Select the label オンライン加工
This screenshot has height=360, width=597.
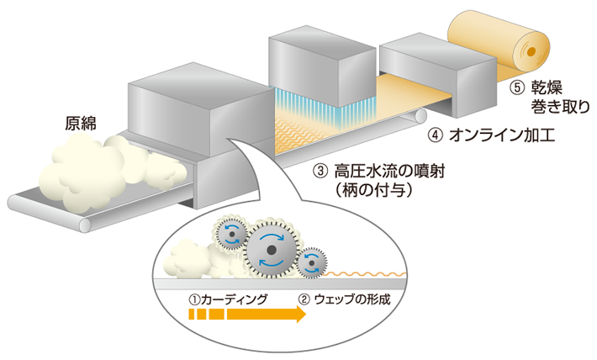click(x=493, y=135)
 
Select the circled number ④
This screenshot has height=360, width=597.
click(x=434, y=135)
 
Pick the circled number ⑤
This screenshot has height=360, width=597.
click(x=519, y=87)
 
